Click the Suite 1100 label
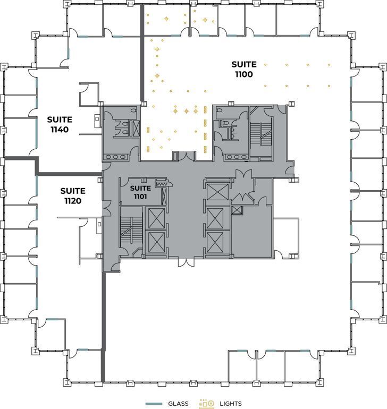(x=243, y=70)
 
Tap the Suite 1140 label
(x=59, y=125)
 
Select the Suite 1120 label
(x=72, y=195)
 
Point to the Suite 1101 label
(x=141, y=192)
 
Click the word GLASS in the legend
(x=178, y=404)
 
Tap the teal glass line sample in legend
(x=154, y=404)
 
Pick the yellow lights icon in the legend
(x=206, y=404)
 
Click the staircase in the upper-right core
(x=261, y=133)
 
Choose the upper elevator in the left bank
(x=157, y=218)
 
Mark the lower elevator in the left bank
(x=157, y=243)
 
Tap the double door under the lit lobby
(x=182, y=156)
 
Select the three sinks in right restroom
(x=233, y=157)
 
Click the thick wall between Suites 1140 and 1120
(x=69, y=173)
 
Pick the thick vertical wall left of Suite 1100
(x=142, y=53)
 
